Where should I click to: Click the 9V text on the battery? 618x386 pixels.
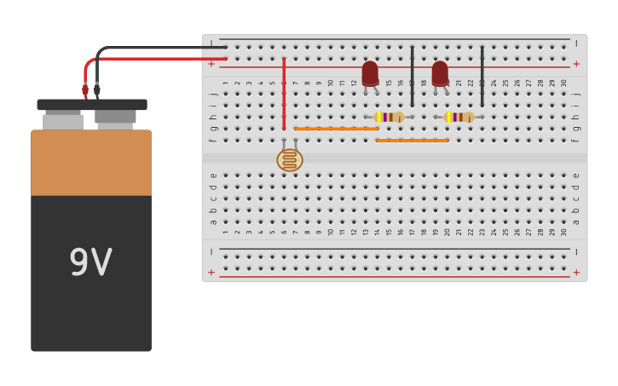[90, 263]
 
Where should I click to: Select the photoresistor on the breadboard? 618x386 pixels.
[290, 159]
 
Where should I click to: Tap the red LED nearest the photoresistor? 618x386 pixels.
[370, 73]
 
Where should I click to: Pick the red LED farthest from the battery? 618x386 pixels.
[440, 73]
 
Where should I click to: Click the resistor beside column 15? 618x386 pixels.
[389, 117]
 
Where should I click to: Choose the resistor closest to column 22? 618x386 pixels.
[459, 117]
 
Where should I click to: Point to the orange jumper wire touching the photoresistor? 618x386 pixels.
[336, 129]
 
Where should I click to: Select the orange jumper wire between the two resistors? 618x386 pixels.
[412, 140]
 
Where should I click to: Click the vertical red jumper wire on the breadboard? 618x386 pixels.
[284, 94]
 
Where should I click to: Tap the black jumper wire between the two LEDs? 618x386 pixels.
[413, 77]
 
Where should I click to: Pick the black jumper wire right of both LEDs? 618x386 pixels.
[482, 77]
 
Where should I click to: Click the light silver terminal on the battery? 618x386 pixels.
[63, 121]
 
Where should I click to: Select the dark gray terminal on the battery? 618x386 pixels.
[115, 117]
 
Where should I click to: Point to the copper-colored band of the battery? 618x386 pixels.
[91, 163]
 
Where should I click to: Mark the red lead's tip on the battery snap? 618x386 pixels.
[85, 90]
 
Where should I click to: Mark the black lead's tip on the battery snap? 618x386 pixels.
[97, 89]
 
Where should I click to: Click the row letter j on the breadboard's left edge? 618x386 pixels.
[213, 94]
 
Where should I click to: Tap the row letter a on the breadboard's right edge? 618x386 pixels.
[575, 222]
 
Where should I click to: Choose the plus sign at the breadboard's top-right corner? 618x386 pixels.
[576, 64]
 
